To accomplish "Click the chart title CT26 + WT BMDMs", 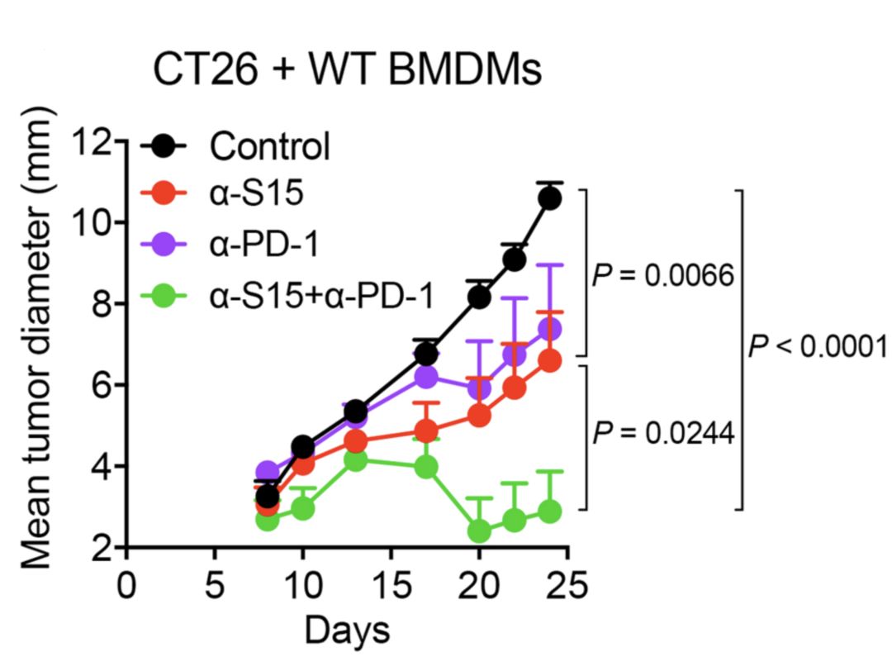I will pos(347,71).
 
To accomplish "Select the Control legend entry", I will pos(269,147).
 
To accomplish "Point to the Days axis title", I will pos(347,630).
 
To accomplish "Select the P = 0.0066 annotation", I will pos(663,275).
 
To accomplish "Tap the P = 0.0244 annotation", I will pos(663,432).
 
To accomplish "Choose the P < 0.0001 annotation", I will pos(818,347).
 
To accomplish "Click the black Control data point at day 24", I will pos(549,198).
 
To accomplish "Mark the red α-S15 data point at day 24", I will pos(549,361).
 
